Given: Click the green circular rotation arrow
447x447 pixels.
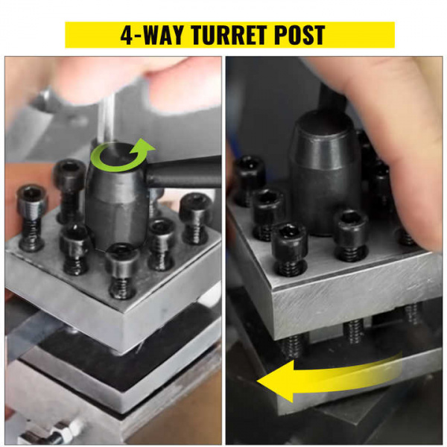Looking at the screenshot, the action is pyautogui.click(x=121, y=156).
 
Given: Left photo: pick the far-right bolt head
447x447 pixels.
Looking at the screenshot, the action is pyautogui.click(x=196, y=206).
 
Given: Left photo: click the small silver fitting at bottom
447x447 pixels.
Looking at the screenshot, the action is pyautogui.click(x=61, y=428).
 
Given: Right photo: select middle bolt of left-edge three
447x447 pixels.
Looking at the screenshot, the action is pyautogui.click(x=267, y=203).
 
